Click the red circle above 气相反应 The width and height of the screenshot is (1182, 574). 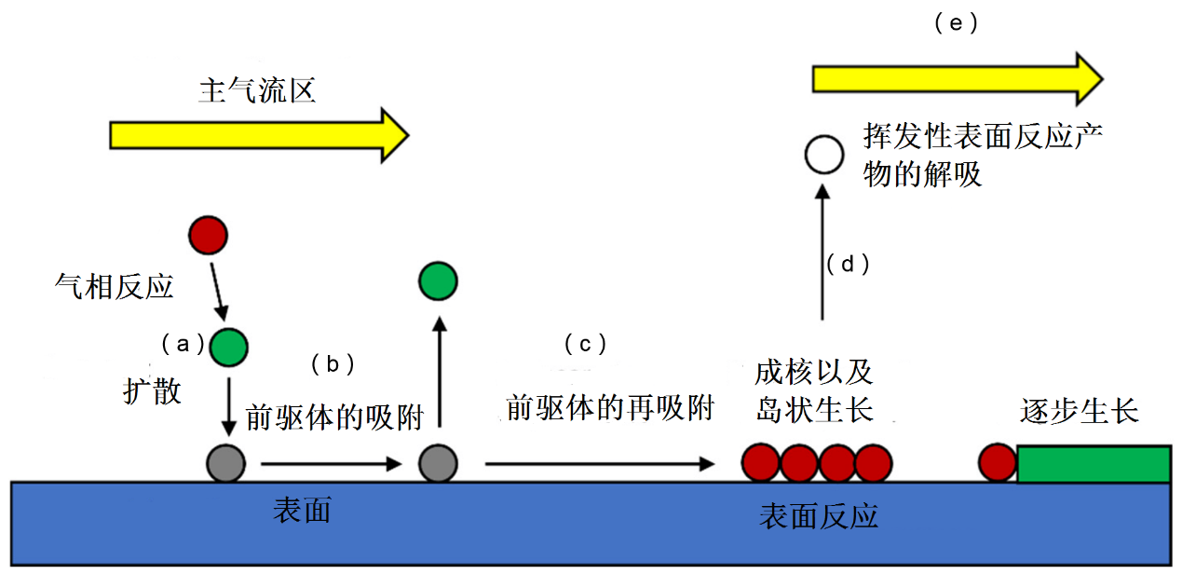208,235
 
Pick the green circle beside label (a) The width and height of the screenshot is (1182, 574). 228,347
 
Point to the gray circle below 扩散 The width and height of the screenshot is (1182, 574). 226,463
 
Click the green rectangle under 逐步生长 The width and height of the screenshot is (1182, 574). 1094,464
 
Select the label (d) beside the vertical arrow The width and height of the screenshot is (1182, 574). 848,265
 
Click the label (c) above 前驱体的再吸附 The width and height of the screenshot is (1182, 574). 585,345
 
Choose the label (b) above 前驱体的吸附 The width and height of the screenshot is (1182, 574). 332,364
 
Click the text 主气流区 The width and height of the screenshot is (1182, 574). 257,90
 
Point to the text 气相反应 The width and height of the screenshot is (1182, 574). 115,287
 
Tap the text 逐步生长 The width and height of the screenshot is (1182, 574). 1080,411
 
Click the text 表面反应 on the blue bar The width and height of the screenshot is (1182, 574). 819,517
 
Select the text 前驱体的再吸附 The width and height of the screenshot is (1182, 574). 609,409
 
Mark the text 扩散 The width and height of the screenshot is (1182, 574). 152,391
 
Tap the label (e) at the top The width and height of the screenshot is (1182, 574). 956,24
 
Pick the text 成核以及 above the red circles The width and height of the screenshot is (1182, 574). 814,374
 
